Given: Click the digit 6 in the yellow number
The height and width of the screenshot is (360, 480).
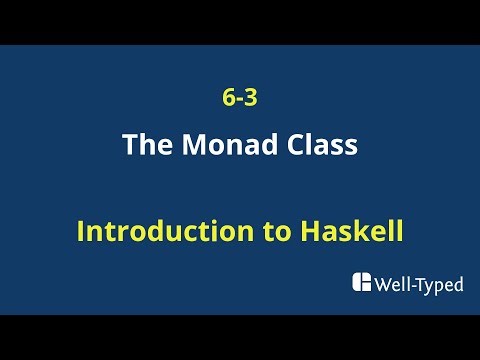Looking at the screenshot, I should point(229,100).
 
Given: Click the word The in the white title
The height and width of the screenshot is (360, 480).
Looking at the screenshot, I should point(145,146).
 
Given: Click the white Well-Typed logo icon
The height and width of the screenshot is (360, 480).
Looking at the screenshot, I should point(361,283).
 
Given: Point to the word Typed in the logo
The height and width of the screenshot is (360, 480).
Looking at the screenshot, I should point(441,285).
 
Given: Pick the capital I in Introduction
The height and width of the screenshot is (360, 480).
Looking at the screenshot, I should point(81,232).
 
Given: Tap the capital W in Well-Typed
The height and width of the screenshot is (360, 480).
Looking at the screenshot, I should point(381,284).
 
